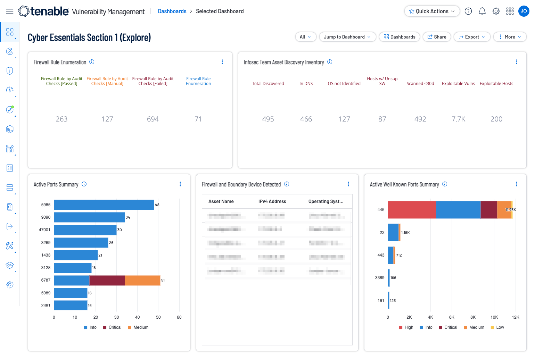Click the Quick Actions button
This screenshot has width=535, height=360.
tap(432, 11)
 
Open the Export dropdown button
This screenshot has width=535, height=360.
tap(472, 37)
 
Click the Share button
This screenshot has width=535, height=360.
tap(437, 37)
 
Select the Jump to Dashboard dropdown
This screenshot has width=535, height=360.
tap(347, 37)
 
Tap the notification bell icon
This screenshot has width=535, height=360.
tap(482, 11)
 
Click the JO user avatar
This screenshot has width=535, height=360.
tap(524, 11)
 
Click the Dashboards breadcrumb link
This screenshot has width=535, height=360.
tap(172, 11)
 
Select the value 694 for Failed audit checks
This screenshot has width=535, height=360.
tap(153, 119)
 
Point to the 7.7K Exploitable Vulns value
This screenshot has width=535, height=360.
tap(458, 119)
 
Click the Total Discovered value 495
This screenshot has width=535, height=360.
tap(268, 119)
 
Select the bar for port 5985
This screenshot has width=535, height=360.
tap(104, 205)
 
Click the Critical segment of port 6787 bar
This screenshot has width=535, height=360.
tap(107, 280)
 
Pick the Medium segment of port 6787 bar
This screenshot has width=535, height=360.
tap(142, 280)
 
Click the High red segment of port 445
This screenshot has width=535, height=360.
tap(412, 210)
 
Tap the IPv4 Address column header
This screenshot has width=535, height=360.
tap(272, 201)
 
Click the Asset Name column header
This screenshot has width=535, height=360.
tap(221, 201)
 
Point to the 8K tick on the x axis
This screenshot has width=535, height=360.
tap(473, 317)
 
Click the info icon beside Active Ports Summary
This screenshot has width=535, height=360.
tap(84, 184)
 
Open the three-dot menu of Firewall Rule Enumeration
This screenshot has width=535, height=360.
tap(222, 62)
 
